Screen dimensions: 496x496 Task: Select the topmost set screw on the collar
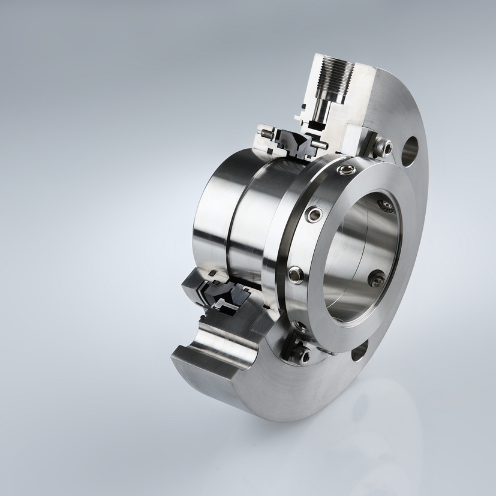pos(346,170)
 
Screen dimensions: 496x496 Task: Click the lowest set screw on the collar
pos(300,327)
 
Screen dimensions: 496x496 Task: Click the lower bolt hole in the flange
pos(359,350)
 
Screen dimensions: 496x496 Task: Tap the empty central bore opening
pos(354,252)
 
